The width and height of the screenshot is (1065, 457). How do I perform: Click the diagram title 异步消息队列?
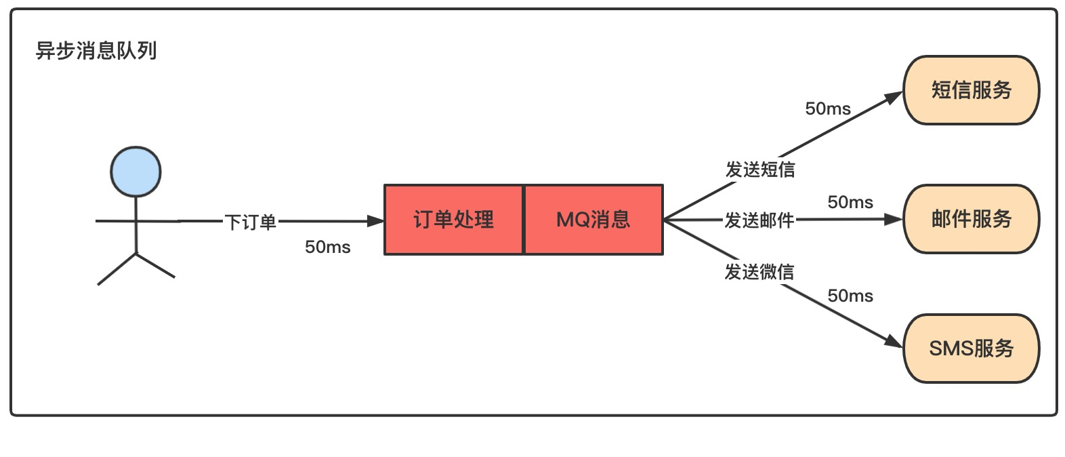(96, 51)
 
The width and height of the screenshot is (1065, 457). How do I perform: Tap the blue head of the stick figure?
(136, 172)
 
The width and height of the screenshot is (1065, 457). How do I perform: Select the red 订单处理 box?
(454, 220)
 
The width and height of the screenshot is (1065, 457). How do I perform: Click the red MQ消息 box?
(593, 220)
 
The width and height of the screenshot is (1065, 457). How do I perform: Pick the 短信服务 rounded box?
(971, 90)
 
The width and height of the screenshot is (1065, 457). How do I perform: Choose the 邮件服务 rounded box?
(971, 219)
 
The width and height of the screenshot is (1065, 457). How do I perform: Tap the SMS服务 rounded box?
(971, 349)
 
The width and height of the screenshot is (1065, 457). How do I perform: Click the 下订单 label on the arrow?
(251, 222)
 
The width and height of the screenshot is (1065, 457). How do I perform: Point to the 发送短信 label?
(760, 169)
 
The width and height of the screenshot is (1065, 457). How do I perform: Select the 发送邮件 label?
(759, 220)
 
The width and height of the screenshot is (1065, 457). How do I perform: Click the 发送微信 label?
(759, 272)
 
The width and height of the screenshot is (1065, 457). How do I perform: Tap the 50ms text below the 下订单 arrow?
(328, 247)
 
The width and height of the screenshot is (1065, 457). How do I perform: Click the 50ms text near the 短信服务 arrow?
(828, 108)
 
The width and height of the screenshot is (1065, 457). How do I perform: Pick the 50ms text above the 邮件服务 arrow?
(850, 202)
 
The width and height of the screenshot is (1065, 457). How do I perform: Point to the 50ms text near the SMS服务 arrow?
(850, 296)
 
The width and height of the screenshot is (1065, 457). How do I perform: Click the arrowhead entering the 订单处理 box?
(376, 221)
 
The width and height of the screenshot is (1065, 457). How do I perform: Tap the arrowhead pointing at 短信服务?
(895, 98)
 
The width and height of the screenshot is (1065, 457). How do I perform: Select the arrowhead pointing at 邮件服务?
(895, 219)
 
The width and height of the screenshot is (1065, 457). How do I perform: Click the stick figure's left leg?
(117, 270)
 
